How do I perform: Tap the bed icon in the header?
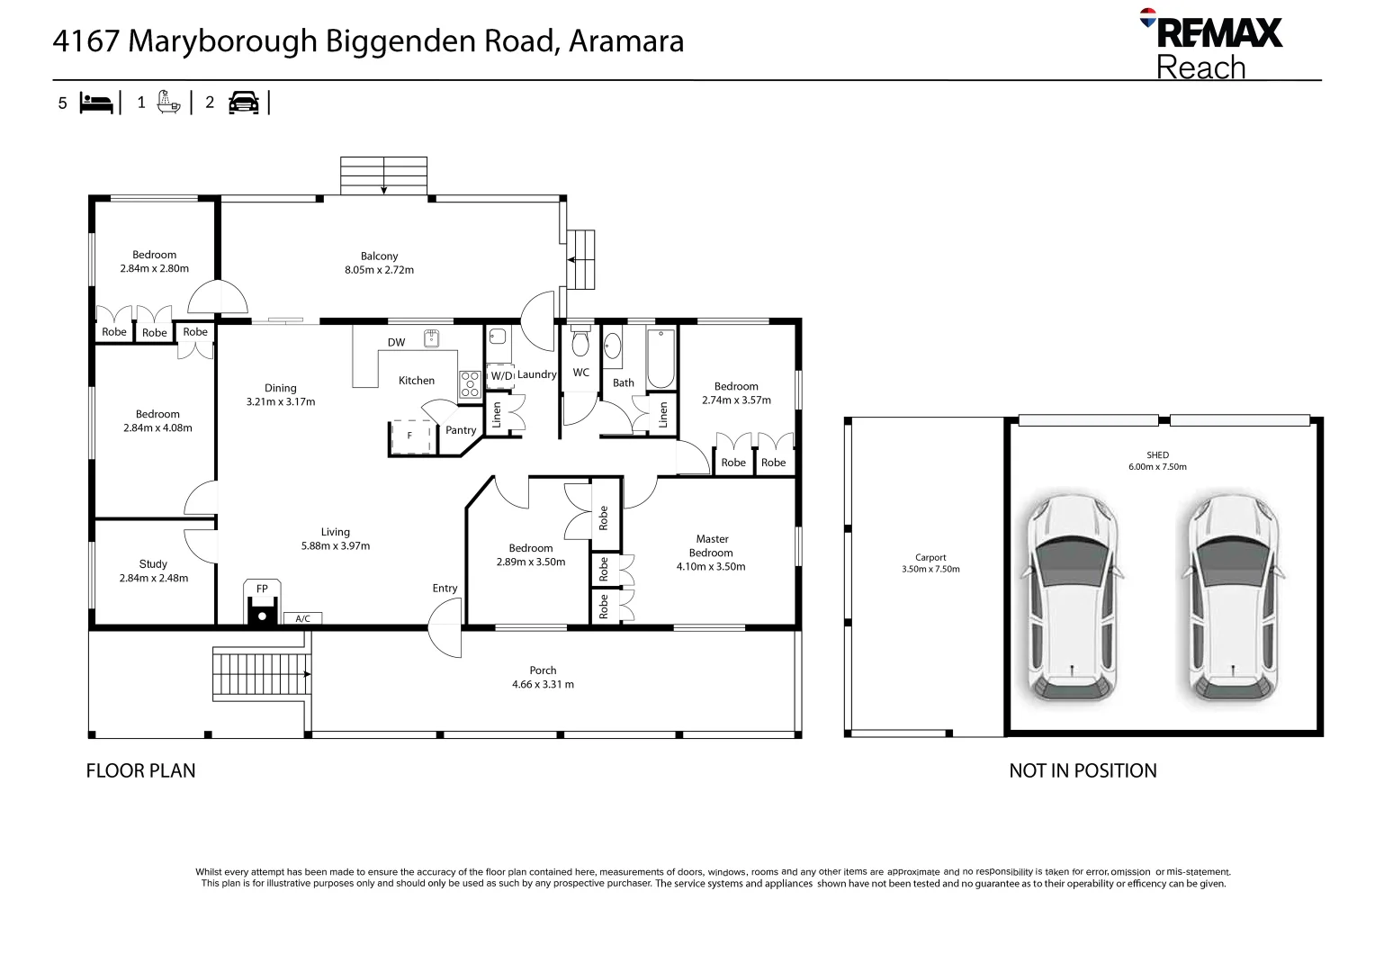(x=96, y=103)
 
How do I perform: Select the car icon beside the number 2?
(x=243, y=103)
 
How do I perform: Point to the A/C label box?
(x=302, y=618)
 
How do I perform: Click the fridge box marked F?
(x=410, y=436)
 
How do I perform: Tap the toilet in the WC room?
(x=580, y=343)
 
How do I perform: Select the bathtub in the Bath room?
(x=661, y=358)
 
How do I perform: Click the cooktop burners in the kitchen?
(x=470, y=384)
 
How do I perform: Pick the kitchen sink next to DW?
(x=431, y=337)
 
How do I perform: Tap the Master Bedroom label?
(x=711, y=546)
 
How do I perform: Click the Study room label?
(x=153, y=564)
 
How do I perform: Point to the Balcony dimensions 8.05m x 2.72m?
(x=379, y=270)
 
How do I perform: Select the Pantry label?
(x=461, y=430)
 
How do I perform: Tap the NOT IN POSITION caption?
(x=1083, y=770)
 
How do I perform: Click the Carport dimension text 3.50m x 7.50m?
(x=930, y=570)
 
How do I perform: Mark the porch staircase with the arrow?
(x=261, y=673)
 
